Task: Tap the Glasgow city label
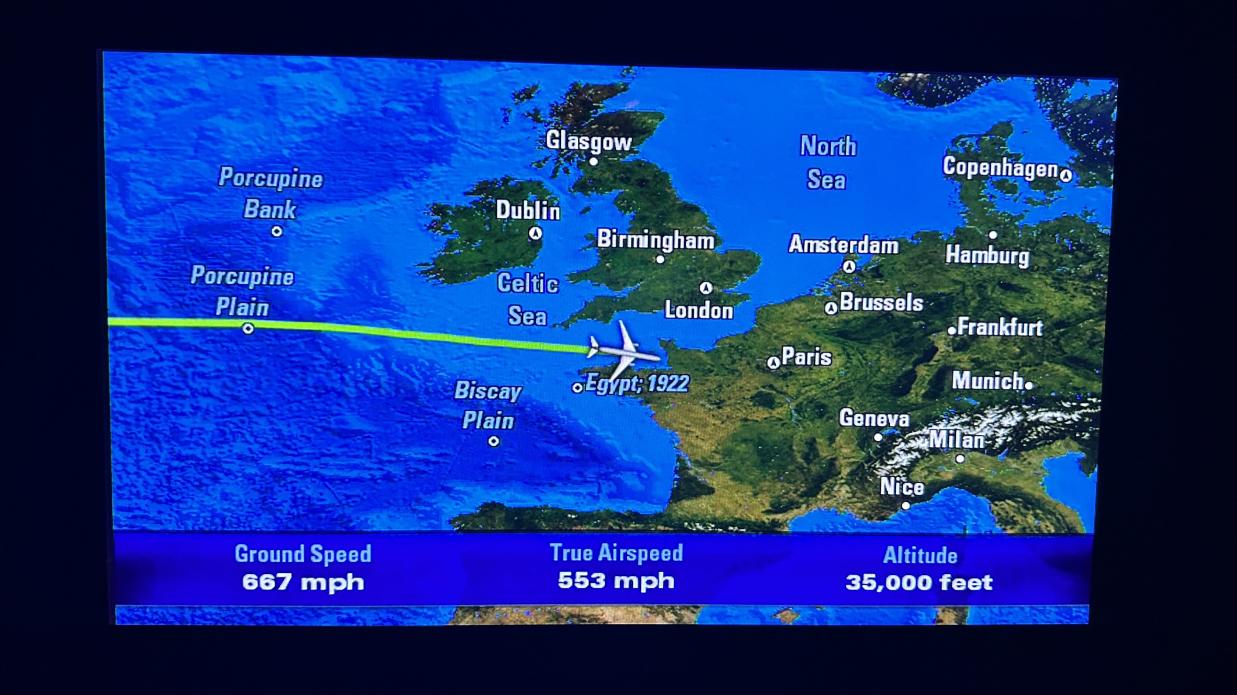click(588, 141)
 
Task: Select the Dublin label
click(528, 210)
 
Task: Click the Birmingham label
click(655, 240)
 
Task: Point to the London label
click(698, 310)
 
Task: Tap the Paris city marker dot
click(773, 363)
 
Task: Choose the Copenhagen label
click(1000, 168)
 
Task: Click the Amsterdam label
click(843, 245)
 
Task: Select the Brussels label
click(881, 303)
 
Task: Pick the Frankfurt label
click(1000, 328)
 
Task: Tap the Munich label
click(987, 380)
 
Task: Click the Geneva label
click(874, 418)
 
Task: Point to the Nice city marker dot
click(905, 505)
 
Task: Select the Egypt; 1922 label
click(637, 384)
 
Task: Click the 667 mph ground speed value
click(303, 582)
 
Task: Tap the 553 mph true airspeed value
click(616, 581)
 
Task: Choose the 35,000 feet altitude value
click(919, 582)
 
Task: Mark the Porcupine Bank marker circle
click(277, 231)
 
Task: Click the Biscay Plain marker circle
click(493, 442)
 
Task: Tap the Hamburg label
click(987, 256)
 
